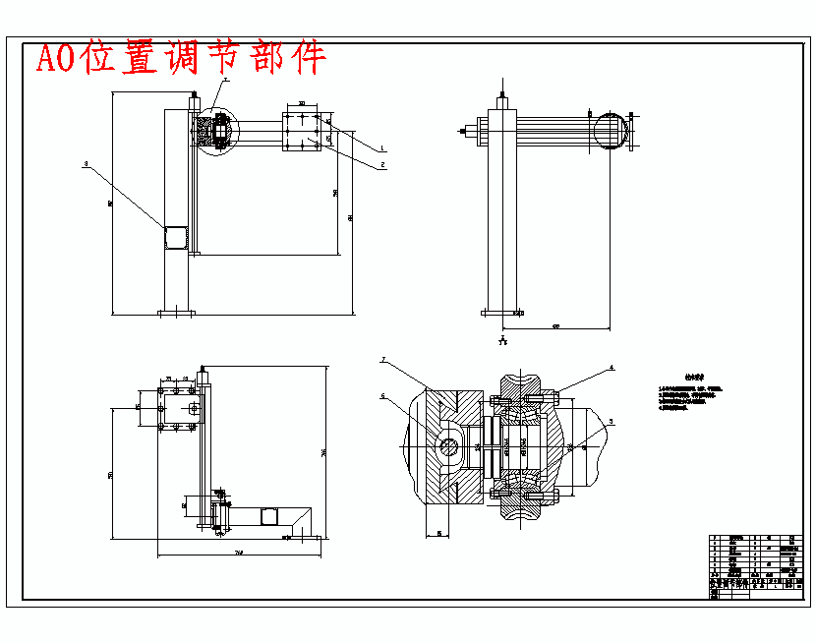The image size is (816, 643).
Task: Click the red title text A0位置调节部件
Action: [181, 59]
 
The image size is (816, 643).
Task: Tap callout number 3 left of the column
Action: [86, 164]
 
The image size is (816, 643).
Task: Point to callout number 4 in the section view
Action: [612, 368]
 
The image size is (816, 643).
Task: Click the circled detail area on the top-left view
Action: [214, 129]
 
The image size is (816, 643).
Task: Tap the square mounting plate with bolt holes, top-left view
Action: [303, 131]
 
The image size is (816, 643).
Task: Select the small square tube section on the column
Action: [176, 239]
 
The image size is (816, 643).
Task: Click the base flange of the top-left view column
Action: [177, 314]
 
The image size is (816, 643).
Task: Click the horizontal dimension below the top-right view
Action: [556, 325]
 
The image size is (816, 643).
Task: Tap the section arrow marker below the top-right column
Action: [502, 341]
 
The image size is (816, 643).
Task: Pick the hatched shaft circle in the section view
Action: [449, 446]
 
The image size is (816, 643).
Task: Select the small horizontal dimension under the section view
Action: [438, 534]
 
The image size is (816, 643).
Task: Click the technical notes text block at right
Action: [691, 397]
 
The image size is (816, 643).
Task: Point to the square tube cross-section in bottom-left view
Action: [268, 515]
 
